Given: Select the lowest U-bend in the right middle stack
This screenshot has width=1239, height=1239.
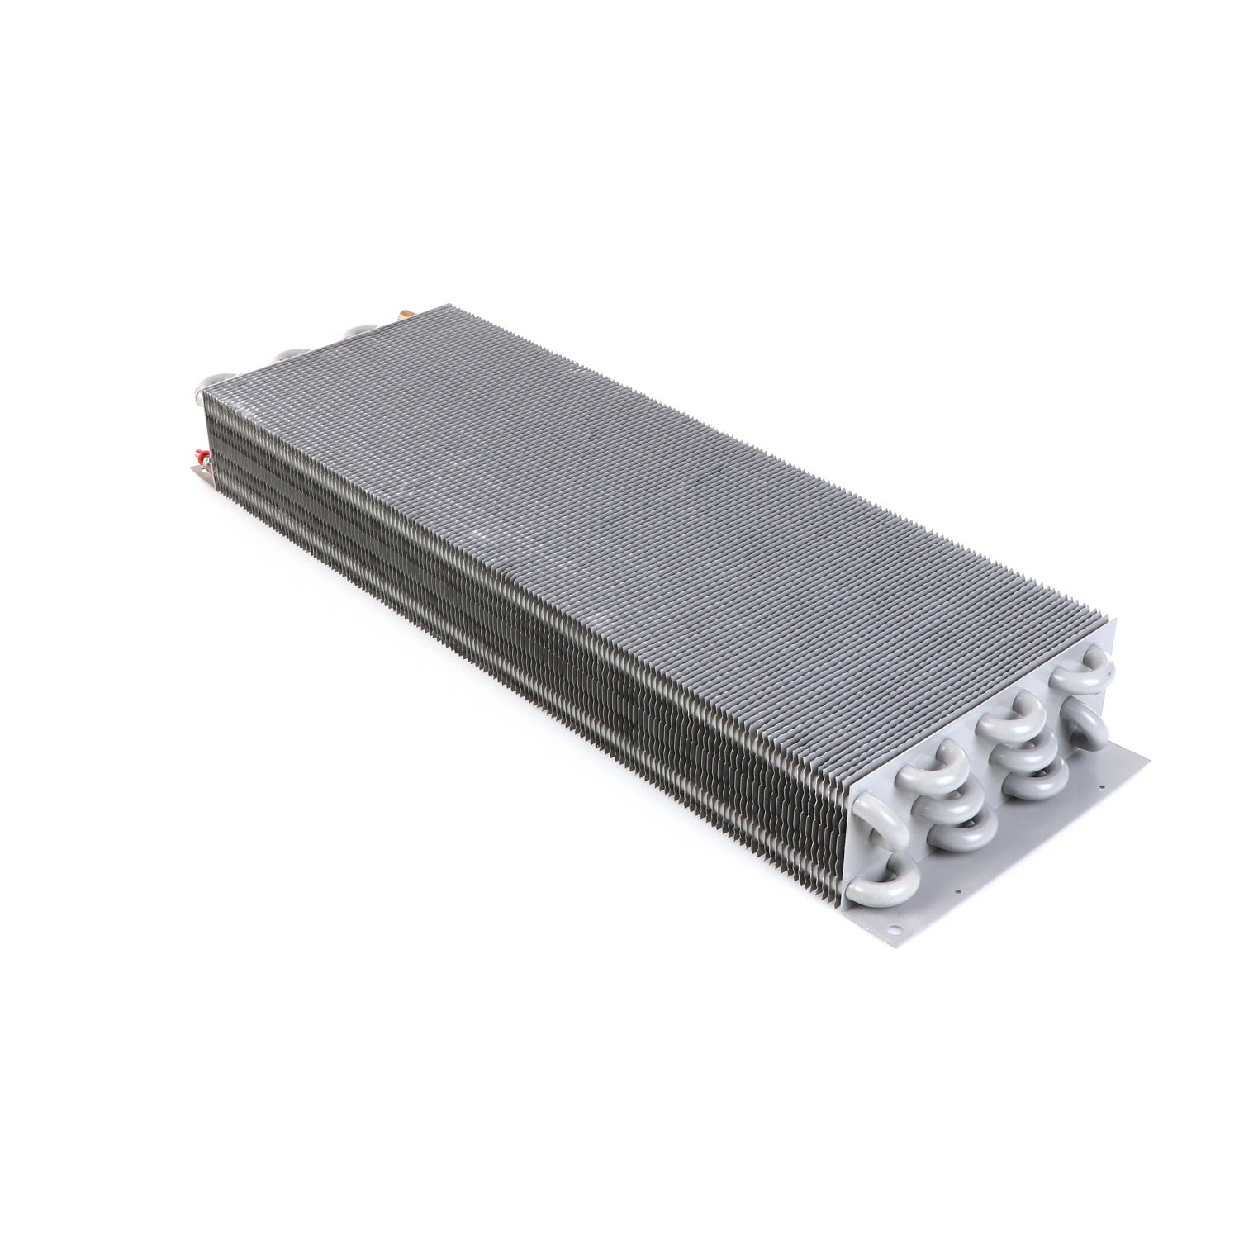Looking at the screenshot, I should pos(1037,781).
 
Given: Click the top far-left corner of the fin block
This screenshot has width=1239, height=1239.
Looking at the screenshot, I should pos(204,391).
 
